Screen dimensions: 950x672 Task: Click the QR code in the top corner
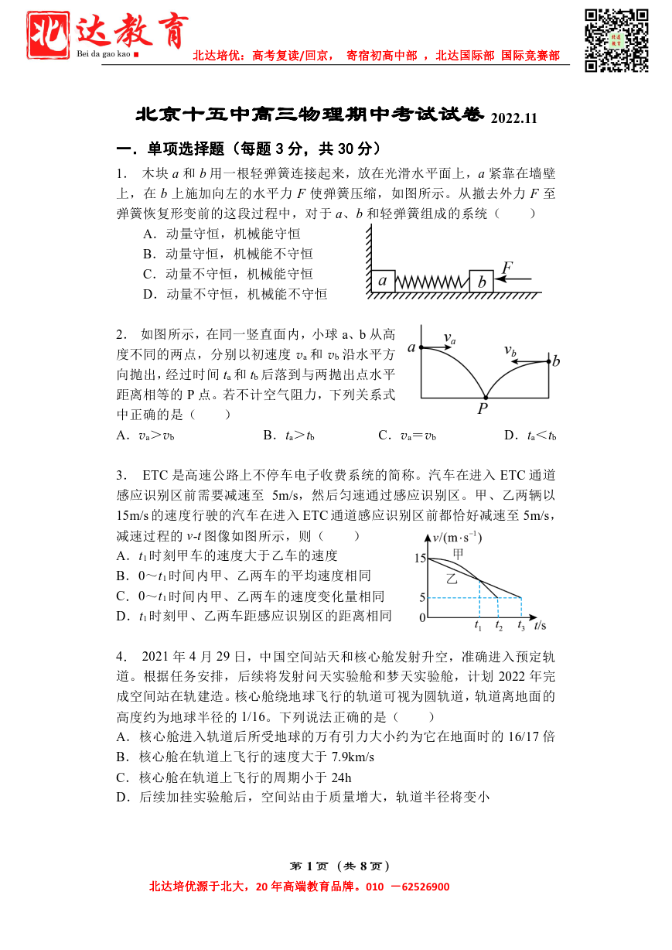(x=616, y=39)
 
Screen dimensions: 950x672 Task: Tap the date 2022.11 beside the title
(x=513, y=118)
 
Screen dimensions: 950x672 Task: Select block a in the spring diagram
(x=383, y=281)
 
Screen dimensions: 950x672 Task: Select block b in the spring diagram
(x=481, y=282)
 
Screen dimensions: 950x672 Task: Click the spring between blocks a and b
(x=432, y=282)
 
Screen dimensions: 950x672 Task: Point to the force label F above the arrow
(x=507, y=268)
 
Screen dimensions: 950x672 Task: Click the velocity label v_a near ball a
(x=449, y=338)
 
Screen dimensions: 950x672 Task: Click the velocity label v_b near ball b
(x=510, y=350)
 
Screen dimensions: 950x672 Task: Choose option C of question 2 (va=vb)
(x=407, y=436)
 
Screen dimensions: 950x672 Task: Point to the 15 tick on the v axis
(x=420, y=558)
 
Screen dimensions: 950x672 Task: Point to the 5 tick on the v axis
(x=422, y=597)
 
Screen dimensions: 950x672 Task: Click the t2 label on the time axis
(x=499, y=627)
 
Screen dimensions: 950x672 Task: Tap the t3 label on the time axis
(x=521, y=627)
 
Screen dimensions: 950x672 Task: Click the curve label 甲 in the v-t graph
(x=459, y=554)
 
